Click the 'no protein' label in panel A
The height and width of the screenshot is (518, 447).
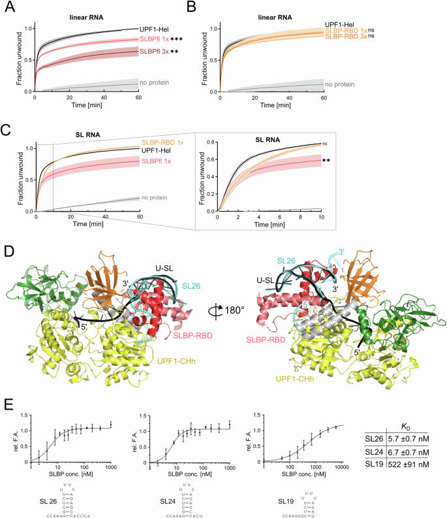(x=155, y=83)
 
